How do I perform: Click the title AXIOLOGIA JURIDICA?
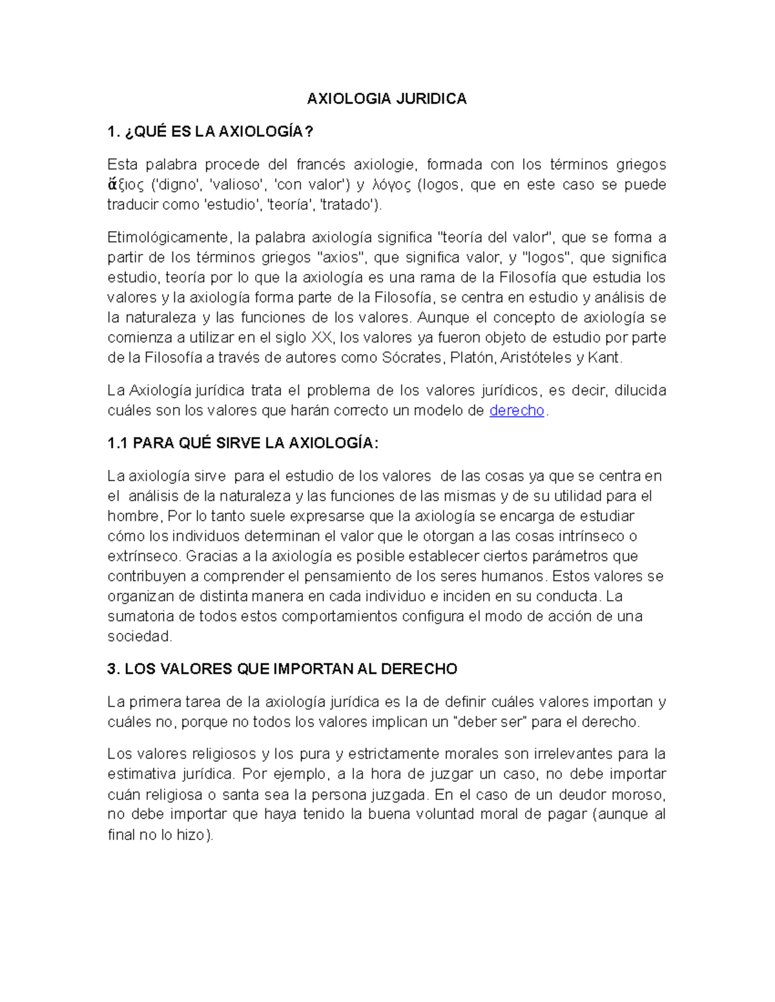[x=386, y=99]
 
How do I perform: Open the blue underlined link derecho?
[x=517, y=411]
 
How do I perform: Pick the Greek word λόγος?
[x=392, y=185]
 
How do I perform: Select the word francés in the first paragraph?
[x=320, y=165]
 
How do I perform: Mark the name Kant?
[x=604, y=358]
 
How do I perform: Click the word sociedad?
[x=139, y=636]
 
